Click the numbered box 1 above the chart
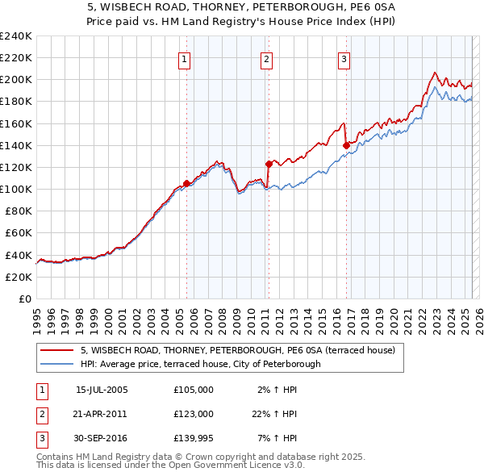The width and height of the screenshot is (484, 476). tap(185, 58)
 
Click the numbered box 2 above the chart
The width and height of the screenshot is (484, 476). tap(266, 58)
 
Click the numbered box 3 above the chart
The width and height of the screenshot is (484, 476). tap(344, 58)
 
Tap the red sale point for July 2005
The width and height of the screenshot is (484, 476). tap(186, 183)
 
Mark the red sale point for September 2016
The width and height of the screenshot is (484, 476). tap(346, 145)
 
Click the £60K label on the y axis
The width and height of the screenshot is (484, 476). tap(19, 232)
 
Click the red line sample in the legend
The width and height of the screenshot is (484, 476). tap(56, 350)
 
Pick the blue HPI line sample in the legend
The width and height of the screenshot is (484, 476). tap(56, 364)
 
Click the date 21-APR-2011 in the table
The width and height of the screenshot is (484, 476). tap(101, 413)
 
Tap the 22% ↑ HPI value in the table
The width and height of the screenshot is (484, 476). tap(274, 413)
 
